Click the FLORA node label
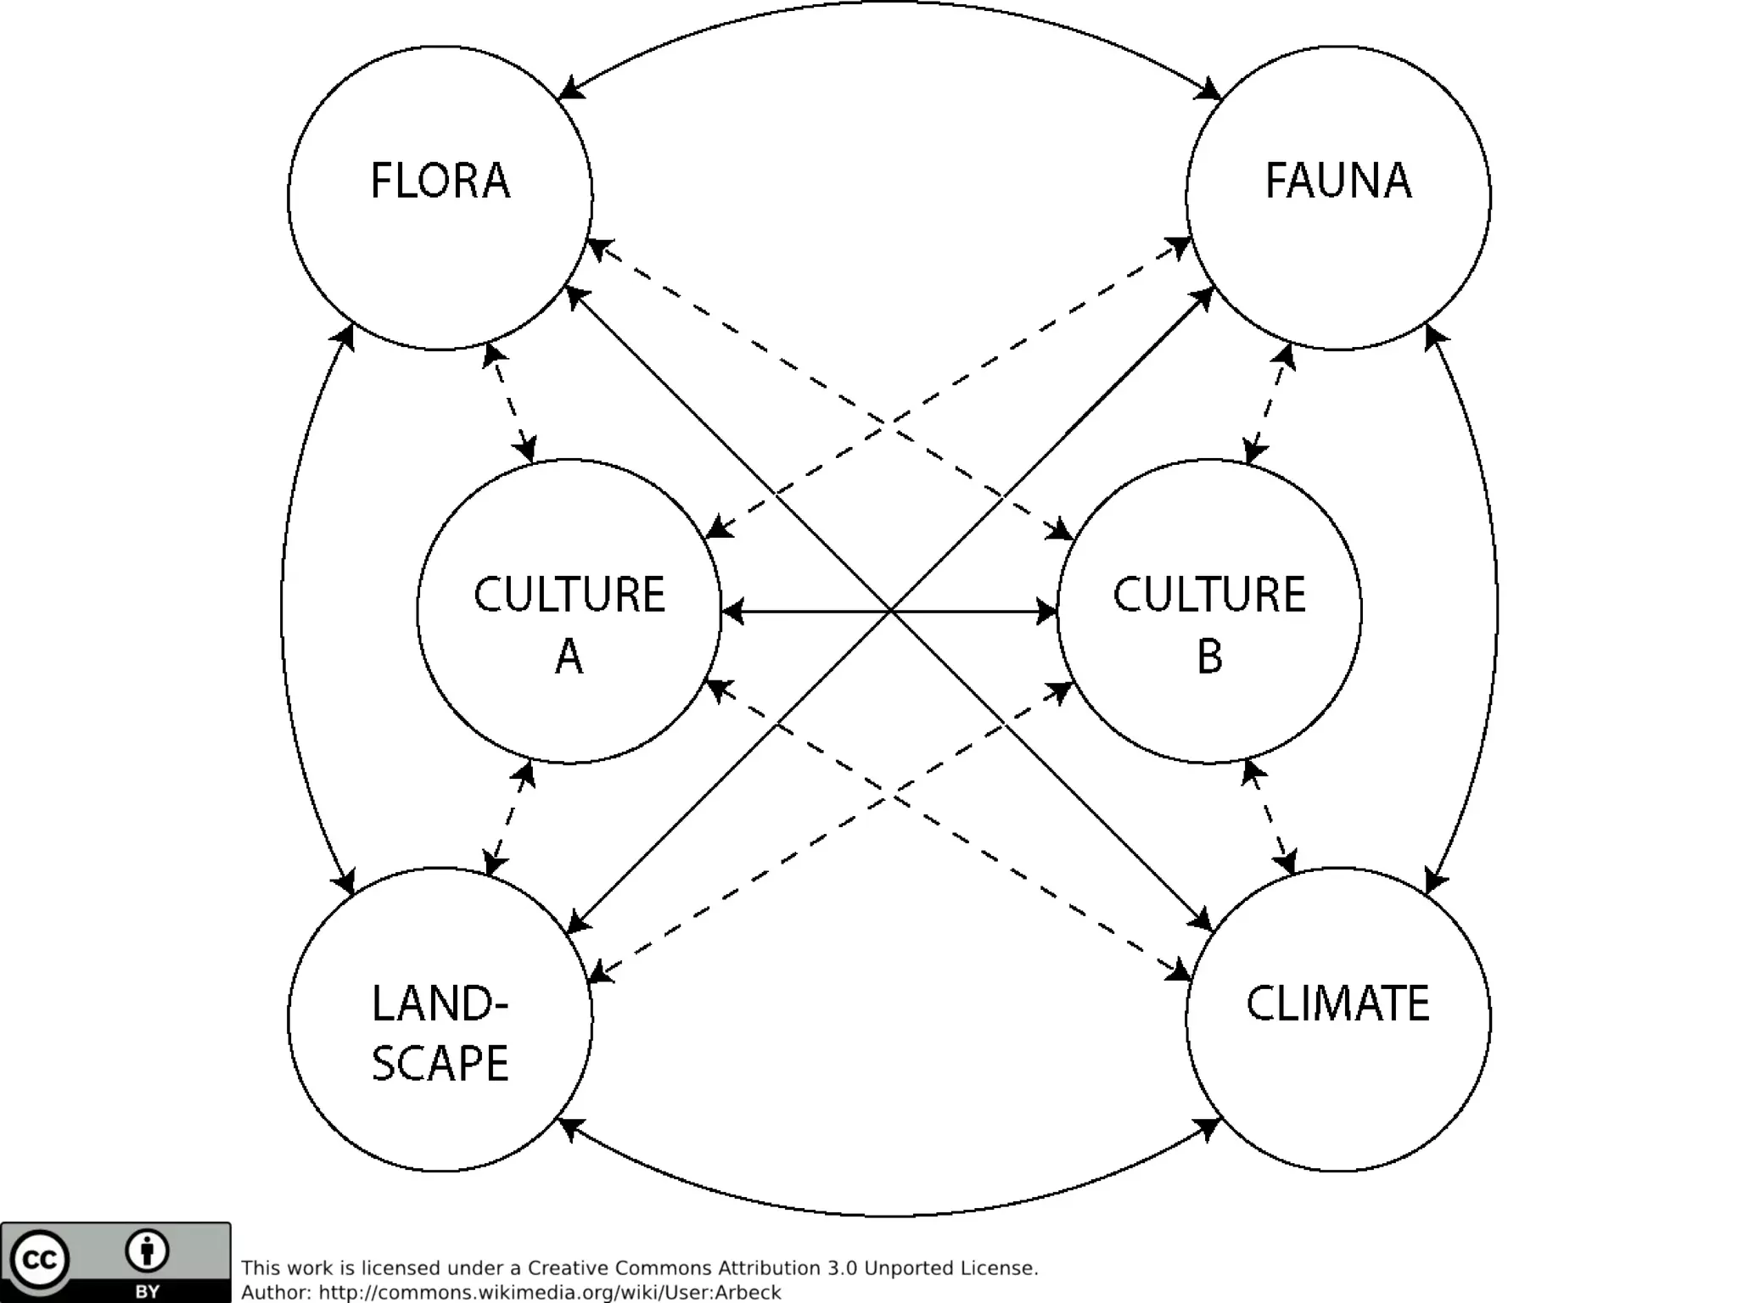(x=440, y=181)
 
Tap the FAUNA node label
(x=1338, y=181)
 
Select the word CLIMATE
(x=1337, y=1004)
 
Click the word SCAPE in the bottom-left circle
(x=440, y=1064)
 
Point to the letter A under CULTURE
(x=569, y=657)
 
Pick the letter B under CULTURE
(x=1209, y=657)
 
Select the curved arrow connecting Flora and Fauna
(x=889, y=3)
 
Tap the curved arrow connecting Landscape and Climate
(x=889, y=1215)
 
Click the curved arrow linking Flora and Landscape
(x=283, y=609)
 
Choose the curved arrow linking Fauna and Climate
(x=1496, y=609)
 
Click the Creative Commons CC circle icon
(x=39, y=1260)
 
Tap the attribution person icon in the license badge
(x=147, y=1251)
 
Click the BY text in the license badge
(x=147, y=1292)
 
